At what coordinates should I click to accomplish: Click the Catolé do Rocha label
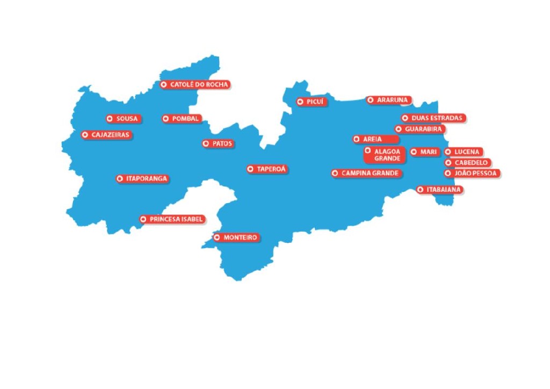pyautogui.click(x=195, y=85)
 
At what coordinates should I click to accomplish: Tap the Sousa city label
pyautogui.click(x=123, y=119)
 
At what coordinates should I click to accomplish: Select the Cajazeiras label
pyautogui.click(x=106, y=135)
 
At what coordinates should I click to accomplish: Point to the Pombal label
pyautogui.click(x=182, y=119)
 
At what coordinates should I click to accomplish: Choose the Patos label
pyautogui.click(x=218, y=143)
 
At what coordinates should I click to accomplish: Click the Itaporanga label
pyautogui.click(x=142, y=178)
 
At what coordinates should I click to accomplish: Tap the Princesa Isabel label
pyautogui.click(x=172, y=219)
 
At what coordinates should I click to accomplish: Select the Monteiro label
pyautogui.click(x=236, y=237)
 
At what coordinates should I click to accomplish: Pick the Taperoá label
pyautogui.click(x=267, y=169)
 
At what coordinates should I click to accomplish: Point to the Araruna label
pyautogui.click(x=389, y=100)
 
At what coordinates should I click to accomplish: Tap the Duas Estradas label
pyautogui.click(x=433, y=118)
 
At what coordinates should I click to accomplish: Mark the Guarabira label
pyautogui.click(x=419, y=129)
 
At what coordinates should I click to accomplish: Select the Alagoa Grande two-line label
pyautogui.click(x=383, y=155)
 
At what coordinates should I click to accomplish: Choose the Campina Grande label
pyautogui.click(x=366, y=174)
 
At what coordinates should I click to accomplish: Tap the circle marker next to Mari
pyautogui.click(x=414, y=152)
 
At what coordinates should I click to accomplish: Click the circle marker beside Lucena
pyautogui.click(x=448, y=152)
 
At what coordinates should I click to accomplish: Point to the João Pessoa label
pyautogui.click(x=472, y=174)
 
